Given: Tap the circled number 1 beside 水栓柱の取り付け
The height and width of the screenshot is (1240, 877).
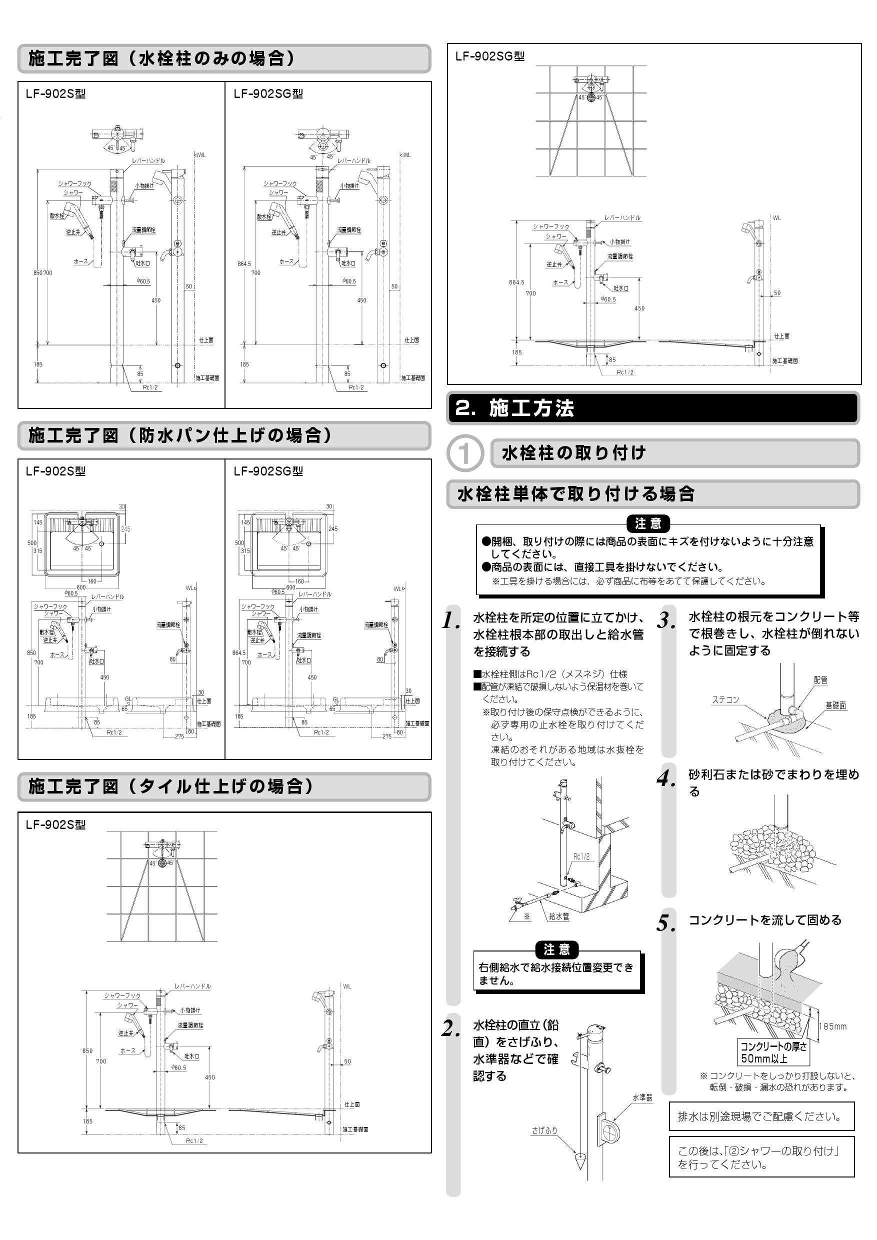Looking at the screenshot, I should click(464, 453).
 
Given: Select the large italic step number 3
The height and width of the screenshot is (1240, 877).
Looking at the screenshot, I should click(667, 620).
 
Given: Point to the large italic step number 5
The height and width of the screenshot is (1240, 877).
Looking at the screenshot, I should click(666, 923).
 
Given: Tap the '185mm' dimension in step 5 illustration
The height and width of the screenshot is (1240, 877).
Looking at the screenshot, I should click(832, 1026).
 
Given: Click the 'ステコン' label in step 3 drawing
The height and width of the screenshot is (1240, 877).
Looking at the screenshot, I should click(725, 700).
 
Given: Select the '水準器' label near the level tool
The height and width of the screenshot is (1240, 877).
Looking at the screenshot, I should click(642, 1097).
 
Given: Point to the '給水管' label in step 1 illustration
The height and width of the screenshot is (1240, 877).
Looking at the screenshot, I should click(559, 916).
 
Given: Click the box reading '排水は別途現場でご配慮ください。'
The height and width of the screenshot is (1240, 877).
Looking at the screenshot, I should click(761, 1116).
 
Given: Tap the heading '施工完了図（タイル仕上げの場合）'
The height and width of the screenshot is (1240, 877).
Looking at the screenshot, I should click(170, 786).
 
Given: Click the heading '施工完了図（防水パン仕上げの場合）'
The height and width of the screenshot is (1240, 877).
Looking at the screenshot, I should click(180, 435).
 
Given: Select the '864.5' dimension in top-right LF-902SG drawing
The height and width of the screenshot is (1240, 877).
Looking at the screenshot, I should click(516, 282).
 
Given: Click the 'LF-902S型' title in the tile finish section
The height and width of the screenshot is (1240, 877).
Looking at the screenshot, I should click(55, 824).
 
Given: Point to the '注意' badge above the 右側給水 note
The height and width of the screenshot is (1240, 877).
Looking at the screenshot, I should click(557, 949).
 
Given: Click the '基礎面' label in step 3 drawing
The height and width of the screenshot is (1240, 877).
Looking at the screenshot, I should click(835, 705).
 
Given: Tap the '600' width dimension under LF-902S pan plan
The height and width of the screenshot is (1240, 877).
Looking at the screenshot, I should click(80, 587).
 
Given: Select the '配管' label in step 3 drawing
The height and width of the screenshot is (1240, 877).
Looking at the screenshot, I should click(820, 680).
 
